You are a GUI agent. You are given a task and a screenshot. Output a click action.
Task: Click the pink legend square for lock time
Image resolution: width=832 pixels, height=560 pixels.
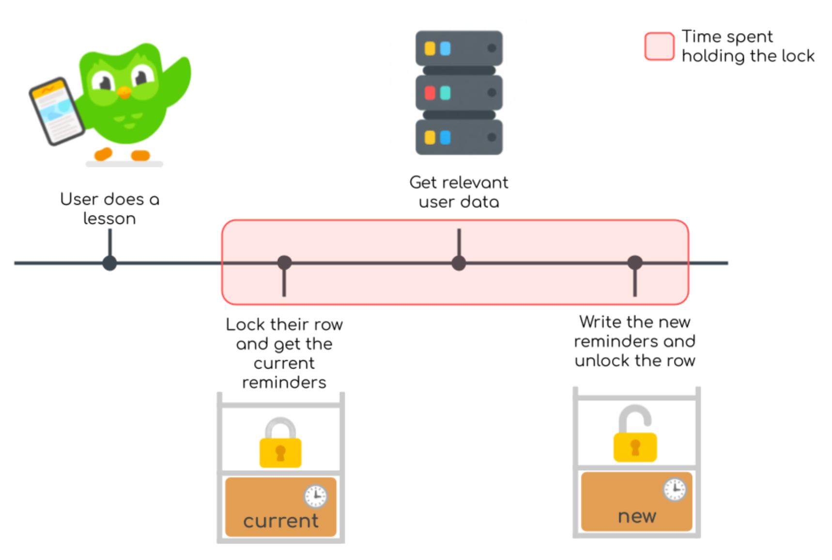[659, 47]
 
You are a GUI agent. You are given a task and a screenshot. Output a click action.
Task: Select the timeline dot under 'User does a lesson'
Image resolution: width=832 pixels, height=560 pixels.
[110, 263]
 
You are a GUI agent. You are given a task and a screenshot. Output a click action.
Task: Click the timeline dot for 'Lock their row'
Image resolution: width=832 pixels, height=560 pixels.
[284, 263]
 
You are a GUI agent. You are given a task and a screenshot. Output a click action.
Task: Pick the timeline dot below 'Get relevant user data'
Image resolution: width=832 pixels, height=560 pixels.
[459, 263]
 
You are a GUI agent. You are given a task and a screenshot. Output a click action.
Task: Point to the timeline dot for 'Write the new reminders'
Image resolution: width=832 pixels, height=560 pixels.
[635, 263]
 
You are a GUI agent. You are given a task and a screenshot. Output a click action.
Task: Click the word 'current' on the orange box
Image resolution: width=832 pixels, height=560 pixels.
[281, 521]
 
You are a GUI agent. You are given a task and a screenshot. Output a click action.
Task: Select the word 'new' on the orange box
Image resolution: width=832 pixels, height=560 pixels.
[637, 516]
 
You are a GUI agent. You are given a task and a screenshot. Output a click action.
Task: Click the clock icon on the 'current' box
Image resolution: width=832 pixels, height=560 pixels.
[316, 496]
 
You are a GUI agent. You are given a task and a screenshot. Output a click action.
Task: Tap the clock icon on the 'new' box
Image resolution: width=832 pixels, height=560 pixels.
[675, 489]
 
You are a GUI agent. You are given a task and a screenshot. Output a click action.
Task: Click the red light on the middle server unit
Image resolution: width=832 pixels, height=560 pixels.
[430, 93]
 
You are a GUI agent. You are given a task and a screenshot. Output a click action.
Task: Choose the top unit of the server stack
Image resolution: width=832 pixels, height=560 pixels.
[459, 48]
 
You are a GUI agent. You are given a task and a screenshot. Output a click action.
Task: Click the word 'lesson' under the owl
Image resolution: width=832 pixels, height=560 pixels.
[109, 219]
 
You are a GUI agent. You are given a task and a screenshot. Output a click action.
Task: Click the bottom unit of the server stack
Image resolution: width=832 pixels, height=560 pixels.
[459, 138]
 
